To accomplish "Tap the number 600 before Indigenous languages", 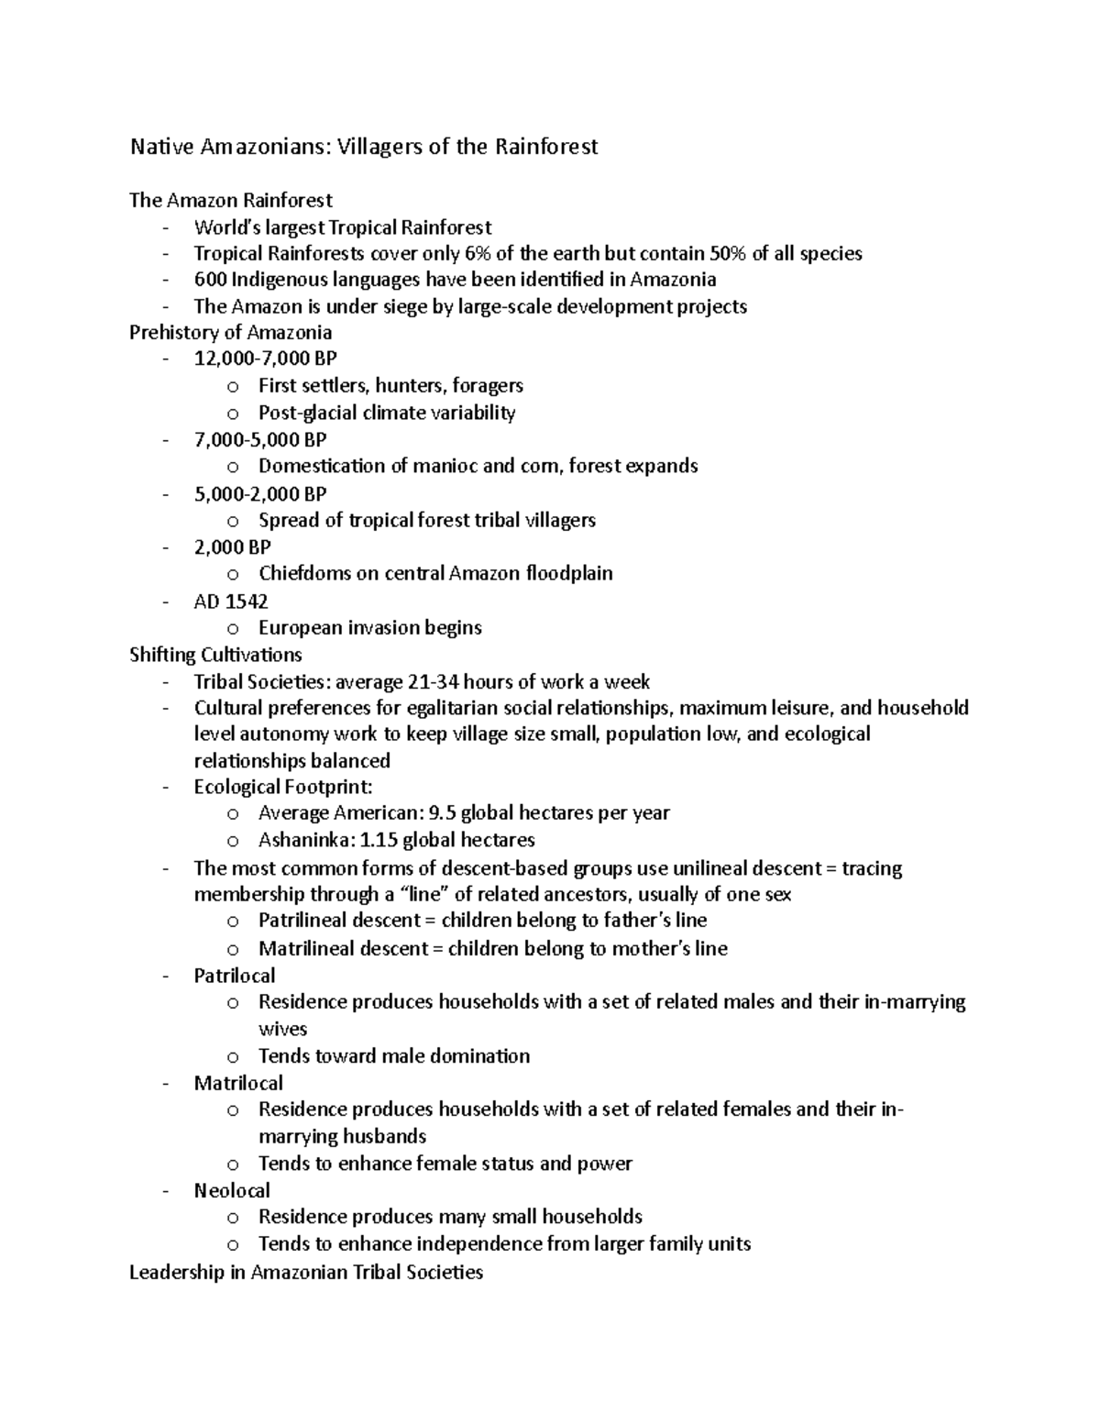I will tap(210, 280).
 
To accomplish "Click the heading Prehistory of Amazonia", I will tap(230, 333).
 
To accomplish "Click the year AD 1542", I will tap(231, 602).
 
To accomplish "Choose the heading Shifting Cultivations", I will tap(215, 655).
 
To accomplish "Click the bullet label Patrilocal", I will tap(234, 976).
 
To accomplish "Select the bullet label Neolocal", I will tap(231, 1191).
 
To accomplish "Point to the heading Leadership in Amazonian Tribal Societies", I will tap(305, 1273).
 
